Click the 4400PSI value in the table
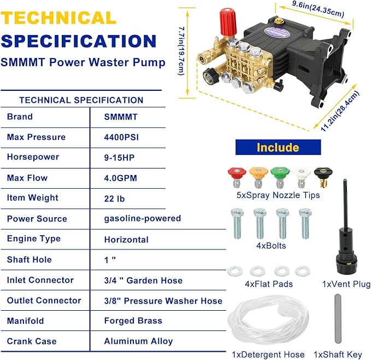121,137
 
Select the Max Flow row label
27,178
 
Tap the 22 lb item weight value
115,198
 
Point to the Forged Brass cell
133,321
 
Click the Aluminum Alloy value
139,341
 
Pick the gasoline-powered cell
142,218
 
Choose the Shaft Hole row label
29,259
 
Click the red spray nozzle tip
237,177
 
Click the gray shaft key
337,317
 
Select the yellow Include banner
278,147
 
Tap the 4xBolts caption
271,246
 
